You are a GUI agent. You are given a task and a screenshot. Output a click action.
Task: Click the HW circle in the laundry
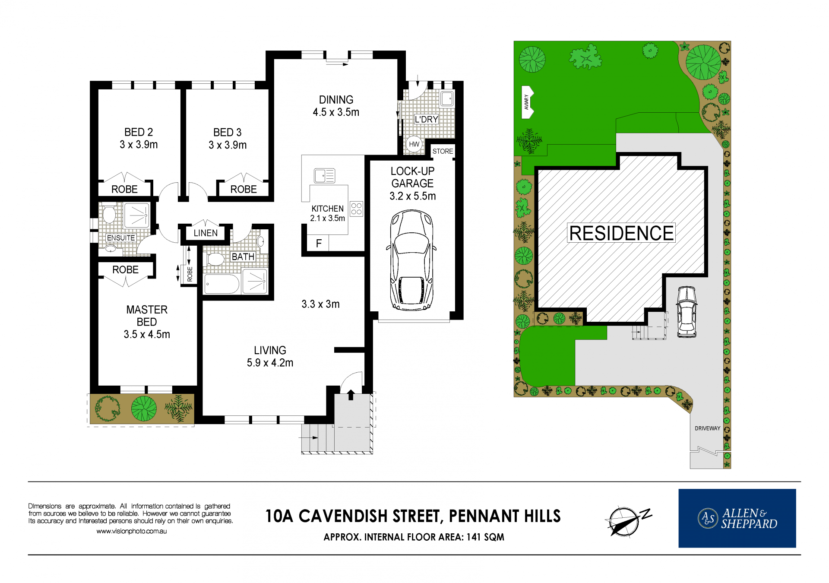click(414, 144)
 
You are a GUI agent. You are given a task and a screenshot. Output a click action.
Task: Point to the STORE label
click(443, 151)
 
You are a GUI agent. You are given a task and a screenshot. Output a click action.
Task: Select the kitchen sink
click(325, 176)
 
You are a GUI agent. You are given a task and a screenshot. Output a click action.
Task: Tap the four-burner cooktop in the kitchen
click(357, 209)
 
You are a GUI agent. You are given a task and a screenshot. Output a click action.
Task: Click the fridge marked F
click(318, 243)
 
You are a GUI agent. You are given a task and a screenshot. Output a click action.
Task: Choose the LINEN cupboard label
click(206, 233)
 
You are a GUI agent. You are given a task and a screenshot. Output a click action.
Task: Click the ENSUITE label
click(121, 238)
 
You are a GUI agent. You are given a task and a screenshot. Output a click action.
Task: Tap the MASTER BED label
click(147, 322)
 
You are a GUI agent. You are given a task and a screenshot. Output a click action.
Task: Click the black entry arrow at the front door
click(351, 395)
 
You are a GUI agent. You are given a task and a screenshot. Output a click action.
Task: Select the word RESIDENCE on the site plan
click(621, 233)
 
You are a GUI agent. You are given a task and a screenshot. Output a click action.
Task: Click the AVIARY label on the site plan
click(526, 102)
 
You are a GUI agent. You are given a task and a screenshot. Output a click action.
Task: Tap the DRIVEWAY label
click(707, 428)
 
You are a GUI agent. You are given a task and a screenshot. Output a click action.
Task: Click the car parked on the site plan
click(687, 311)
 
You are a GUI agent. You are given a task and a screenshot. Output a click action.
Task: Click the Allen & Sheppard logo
click(737, 518)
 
